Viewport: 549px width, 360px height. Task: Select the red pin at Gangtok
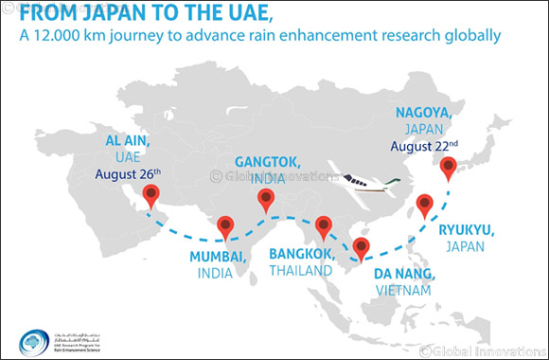pos(267,199)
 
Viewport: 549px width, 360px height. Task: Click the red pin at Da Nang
pos(361,248)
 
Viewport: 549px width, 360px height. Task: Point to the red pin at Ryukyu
pos(425,203)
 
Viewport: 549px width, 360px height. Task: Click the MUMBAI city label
pos(219,258)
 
